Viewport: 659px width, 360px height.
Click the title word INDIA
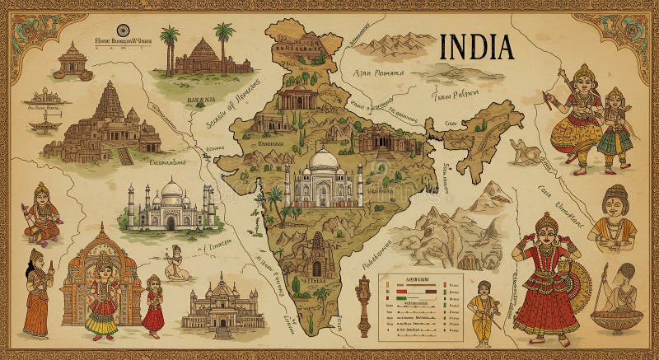(477, 47)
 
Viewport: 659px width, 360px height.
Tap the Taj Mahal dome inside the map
(323, 161)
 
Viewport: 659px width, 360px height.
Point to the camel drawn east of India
(525, 151)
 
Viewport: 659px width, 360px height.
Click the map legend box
(421, 306)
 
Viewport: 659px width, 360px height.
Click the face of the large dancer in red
(546, 230)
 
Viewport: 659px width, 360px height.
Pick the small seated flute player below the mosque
(175, 262)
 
